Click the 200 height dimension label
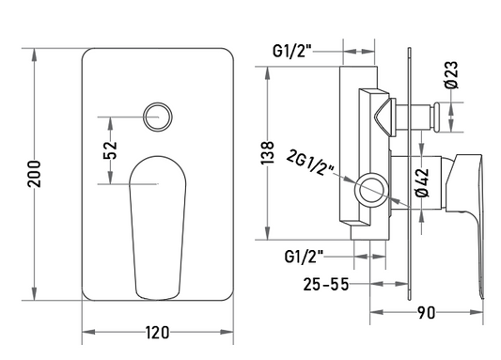click(x=35, y=174)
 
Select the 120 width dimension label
click(x=158, y=333)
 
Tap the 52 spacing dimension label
click(x=110, y=150)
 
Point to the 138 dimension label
click(x=268, y=152)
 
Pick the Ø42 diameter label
click(x=422, y=182)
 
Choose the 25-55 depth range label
click(x=326, y=284)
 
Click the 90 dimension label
click(x=426, y=313)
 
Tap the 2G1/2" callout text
click(x=310, y=162)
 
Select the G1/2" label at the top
click(x=292, y=51)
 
